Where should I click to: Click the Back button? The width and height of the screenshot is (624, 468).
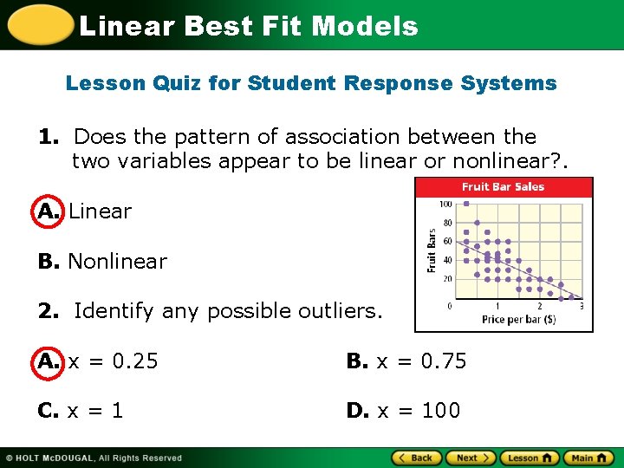tap(417, 458)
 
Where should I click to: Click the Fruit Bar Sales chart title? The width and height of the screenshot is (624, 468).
tap(503, 187)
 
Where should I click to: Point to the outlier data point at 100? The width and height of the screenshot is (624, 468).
tap(466, 204)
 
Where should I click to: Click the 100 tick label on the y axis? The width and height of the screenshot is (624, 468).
tap(445, 205)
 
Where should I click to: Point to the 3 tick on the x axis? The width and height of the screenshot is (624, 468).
tap(580, 306)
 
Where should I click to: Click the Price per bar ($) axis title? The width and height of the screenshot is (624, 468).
tap(518, 320)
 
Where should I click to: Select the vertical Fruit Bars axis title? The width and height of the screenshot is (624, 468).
tap(432, 251)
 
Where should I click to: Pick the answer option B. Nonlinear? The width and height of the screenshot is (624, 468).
tap(102, 261)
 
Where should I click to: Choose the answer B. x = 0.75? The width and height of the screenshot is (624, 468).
tap(406, 361)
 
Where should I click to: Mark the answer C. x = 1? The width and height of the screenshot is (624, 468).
tap(81, 410)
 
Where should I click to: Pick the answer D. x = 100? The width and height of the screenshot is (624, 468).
tap(403, 410)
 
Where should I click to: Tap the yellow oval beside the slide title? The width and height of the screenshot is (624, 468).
tap(39, 24)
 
